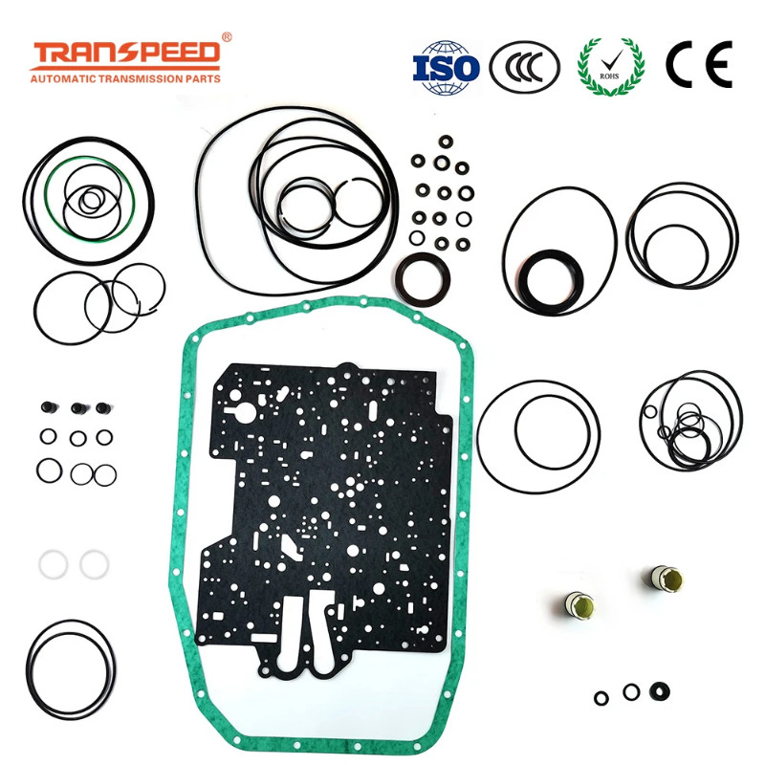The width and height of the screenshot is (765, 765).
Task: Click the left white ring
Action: tap(54, 563)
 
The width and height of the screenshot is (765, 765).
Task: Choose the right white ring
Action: tap(95, 563)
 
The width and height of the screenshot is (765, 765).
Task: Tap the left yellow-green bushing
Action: tap(579, 603)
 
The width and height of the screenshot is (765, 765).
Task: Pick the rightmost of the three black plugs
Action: tap(104, 409)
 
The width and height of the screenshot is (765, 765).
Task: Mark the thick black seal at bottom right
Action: tap(659, 689)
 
